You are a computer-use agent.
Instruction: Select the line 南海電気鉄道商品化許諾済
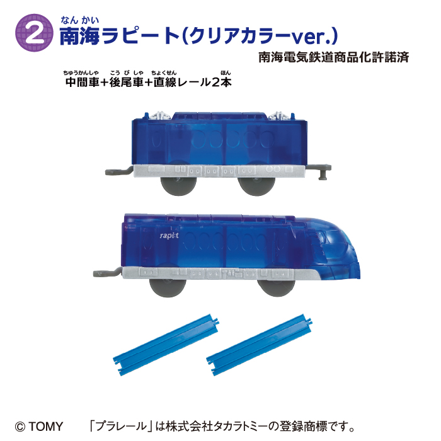[334, 57]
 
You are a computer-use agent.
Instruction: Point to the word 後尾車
[126, 83]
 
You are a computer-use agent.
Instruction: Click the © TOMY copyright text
[40, 426]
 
